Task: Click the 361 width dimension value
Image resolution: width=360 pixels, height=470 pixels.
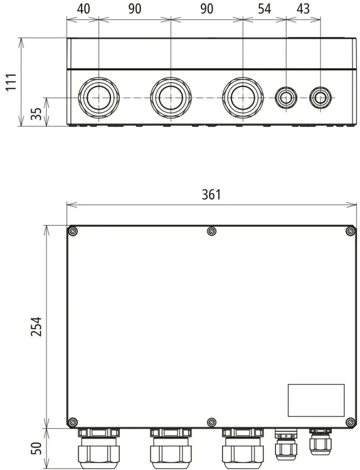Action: click(211, 194)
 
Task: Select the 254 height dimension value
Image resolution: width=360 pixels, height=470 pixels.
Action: click(36, 326)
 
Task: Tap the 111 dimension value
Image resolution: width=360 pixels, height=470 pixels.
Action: click(12, 82)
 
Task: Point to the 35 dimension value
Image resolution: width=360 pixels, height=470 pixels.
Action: click(36, 113)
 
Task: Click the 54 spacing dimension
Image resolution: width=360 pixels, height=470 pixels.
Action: click(264, 9)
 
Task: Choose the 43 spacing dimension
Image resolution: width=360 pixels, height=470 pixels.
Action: click(303, 9)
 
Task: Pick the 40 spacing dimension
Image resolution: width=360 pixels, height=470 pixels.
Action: click(83, 9)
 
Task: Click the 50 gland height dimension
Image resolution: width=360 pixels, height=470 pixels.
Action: click(36, 448)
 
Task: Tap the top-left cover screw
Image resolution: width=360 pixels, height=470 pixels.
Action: click(73, 231)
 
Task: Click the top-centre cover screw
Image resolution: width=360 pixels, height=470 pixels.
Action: click(212, 231)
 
